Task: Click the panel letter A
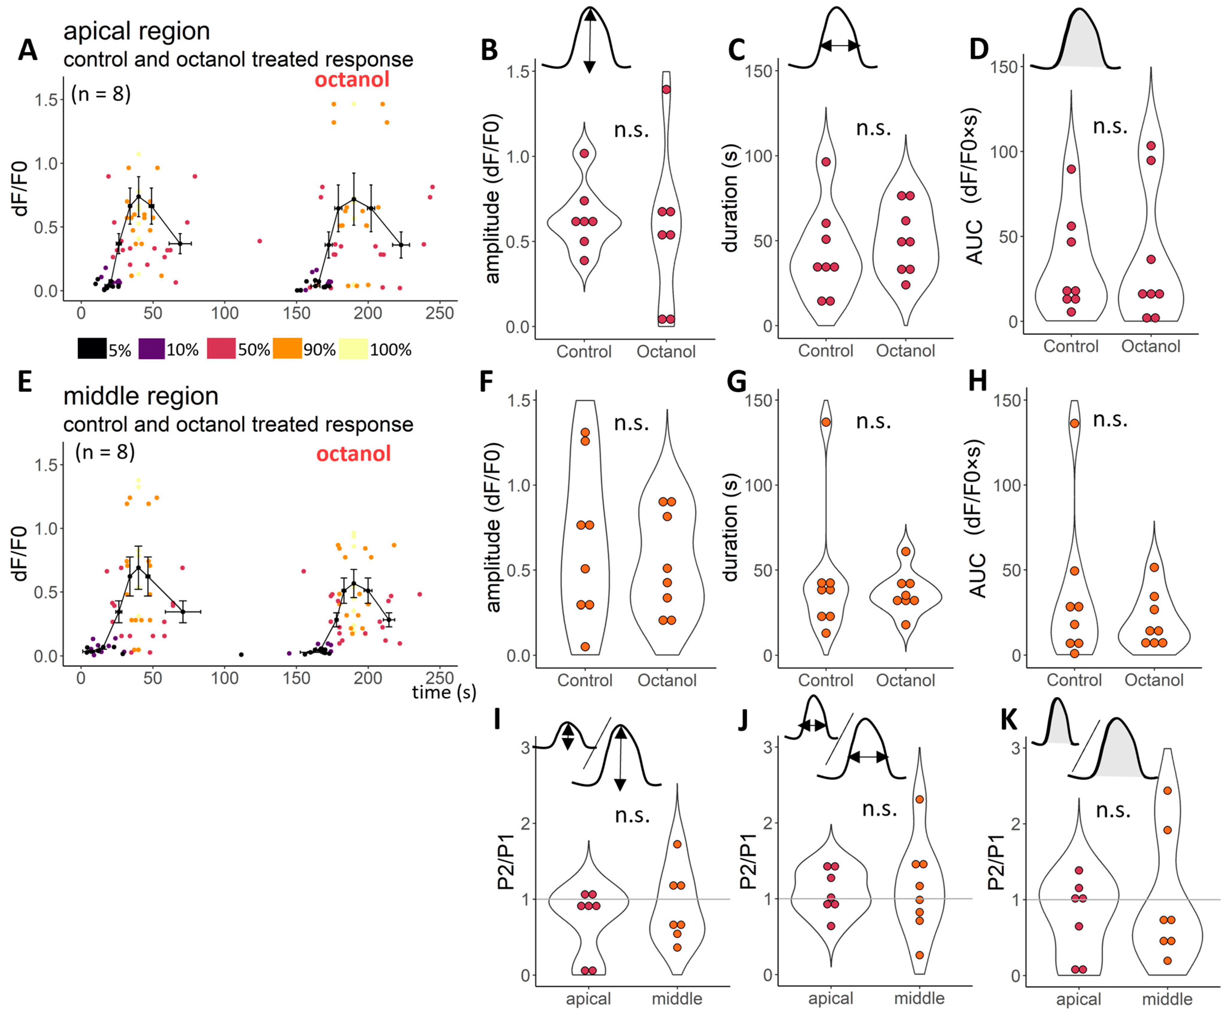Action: (x=28, y=50)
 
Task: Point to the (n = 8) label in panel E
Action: (x=105, y=452)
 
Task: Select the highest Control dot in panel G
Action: (x=826, y=422)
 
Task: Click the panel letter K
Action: (x=1008, y=720)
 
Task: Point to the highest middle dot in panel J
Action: (x=919, y=799)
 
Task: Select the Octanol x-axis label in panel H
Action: (x=1154, y=680)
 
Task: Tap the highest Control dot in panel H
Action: (x=1075, y=423)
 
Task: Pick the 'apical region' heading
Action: (x=137, y=31)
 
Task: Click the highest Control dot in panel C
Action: (x=826, y=162)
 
